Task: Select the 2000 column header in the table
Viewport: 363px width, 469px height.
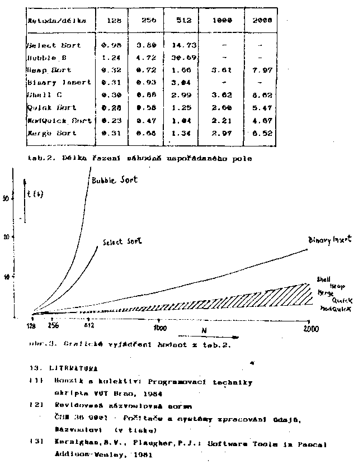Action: (261, 20)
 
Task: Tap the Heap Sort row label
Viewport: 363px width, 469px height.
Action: (46, 70)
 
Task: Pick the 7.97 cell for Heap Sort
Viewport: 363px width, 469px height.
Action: (261, 70)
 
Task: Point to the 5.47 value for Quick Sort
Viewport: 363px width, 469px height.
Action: (261, 107)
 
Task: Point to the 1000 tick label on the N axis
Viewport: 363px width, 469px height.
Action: (161, 328)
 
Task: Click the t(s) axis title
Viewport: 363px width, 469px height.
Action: (37, 196)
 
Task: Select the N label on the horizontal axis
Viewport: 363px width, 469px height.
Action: (204, 330)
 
